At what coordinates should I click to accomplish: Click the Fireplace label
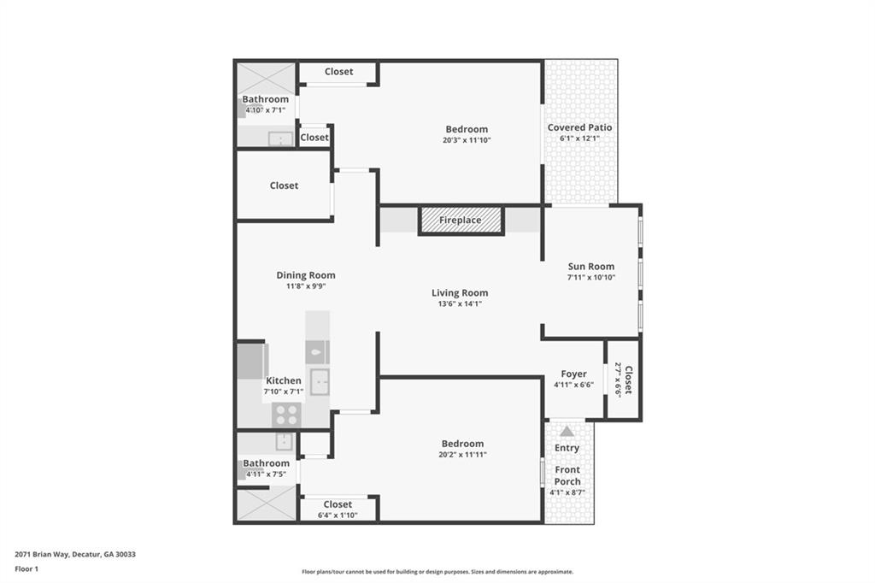point(460,221)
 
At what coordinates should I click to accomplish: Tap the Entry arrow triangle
point(567,432)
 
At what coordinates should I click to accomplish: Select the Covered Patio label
point(579,127)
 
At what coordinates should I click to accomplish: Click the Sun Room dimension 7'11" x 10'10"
point(591,278)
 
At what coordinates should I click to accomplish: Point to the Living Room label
point(460,293)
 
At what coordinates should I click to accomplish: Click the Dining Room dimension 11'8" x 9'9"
point(306,287)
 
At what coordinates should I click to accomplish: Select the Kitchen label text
point(283,380)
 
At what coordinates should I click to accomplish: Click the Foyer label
point(573,374)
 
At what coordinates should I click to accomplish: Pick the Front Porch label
point(567,475)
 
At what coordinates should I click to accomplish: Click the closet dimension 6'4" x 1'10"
point(338,515)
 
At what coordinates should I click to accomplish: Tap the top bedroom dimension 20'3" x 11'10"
point(467,141)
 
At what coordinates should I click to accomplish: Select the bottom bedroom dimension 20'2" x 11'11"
point(462,455)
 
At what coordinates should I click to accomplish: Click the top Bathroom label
point(265,99)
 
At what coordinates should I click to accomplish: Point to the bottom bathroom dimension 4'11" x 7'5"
point(265,474)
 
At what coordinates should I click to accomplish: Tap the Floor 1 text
point(26,568)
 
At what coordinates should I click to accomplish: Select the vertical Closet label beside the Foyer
point(628,380)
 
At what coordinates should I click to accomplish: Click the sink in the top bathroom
point(279,138)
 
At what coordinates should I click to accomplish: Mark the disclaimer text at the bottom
point(437,572)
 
